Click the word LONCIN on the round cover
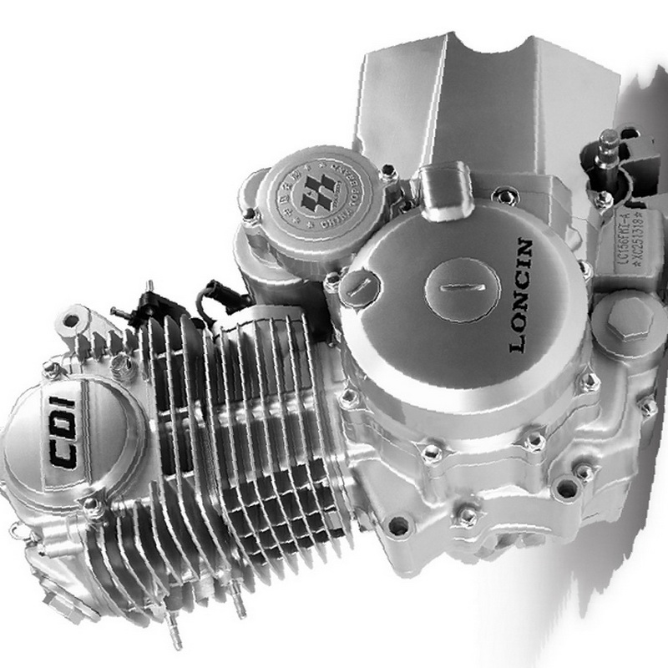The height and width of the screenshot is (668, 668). click(x=519, y=296)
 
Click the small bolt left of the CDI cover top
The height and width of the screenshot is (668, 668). click(x=52, y=367)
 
